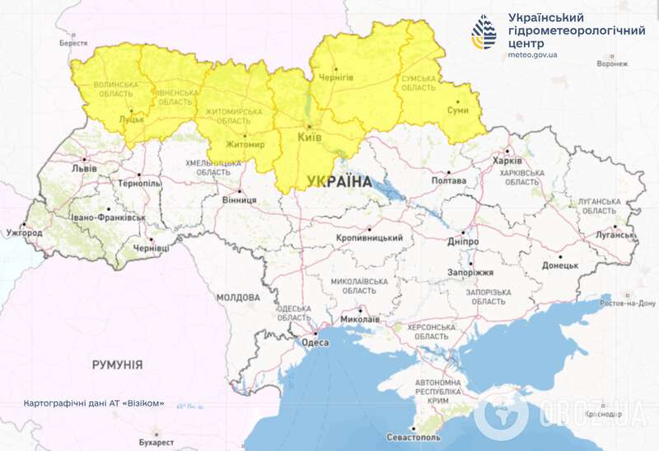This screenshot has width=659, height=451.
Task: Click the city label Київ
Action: (309, 137)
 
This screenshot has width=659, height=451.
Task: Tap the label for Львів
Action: (84, 169)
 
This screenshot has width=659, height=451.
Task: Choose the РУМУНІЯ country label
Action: (117, 364)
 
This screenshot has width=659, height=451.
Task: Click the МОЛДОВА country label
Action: (238, 297)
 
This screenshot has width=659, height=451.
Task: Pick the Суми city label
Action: (458, 110)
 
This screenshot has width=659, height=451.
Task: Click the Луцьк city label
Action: (131, 120)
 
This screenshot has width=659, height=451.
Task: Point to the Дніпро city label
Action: (464, 242)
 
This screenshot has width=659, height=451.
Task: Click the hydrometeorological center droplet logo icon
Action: (484, 31)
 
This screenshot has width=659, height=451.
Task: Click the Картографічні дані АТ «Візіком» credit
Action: (94, 404)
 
